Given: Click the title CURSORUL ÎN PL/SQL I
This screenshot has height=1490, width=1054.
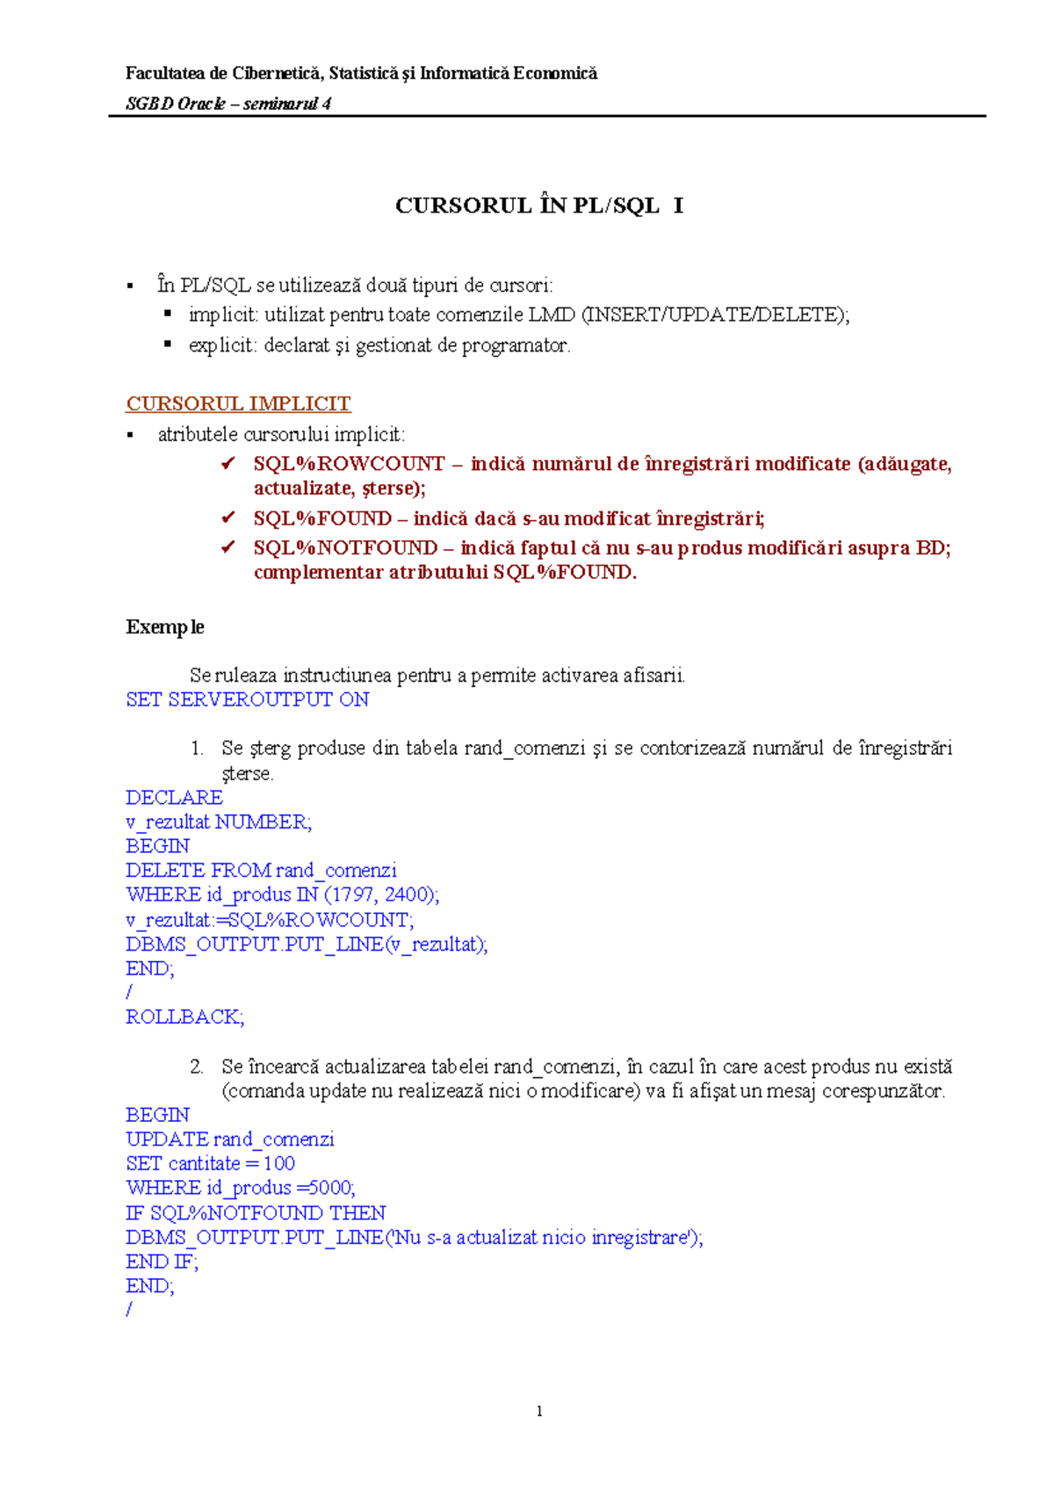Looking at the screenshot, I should click(x=538, y=206).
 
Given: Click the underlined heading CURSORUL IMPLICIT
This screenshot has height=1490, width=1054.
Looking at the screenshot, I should click(x=238, y=403).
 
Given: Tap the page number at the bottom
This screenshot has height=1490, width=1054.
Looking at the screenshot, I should click(x=538, y=1411).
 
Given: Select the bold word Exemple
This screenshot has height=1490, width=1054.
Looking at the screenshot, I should click(x=165, y=626).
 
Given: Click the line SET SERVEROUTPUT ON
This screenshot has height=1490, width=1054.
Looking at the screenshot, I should click(x=247, y=699).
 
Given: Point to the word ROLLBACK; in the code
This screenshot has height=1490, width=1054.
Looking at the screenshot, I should click(x=184, y=1016).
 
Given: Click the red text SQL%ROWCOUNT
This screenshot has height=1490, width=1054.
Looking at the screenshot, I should click(x=349, y=463).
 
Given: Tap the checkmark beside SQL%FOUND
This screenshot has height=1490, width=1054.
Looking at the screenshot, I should click(x=228, y=518).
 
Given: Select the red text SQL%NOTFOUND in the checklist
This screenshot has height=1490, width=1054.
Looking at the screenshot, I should click(x=345, y=547).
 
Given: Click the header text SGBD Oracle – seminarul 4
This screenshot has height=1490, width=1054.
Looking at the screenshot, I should click(x=228, y=104).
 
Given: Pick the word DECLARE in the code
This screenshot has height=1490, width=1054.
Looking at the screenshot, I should click(x=174, y=797).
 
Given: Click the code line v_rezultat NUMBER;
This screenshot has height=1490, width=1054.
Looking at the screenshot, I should click(x=219, y=821).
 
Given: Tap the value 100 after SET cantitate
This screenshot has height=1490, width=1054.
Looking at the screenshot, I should click(x=278, y=1163).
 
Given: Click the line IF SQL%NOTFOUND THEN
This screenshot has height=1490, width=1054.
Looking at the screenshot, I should click(x=256, y=1212).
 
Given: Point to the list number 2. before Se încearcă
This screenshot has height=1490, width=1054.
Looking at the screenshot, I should click(x=197, y=1067).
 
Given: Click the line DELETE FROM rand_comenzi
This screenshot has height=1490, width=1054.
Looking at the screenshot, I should click(x=261, y=870).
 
